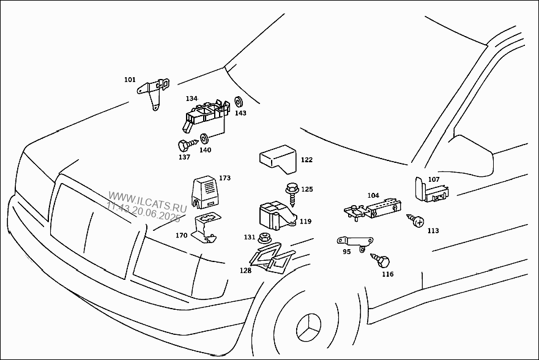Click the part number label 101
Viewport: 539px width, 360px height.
pos(130,80)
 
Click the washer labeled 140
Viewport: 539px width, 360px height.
pos(204,138)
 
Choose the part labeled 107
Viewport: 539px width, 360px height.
pos(430,190)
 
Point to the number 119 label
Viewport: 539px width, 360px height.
pos(305,221)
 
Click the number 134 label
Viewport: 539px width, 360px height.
pos(191,99)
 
